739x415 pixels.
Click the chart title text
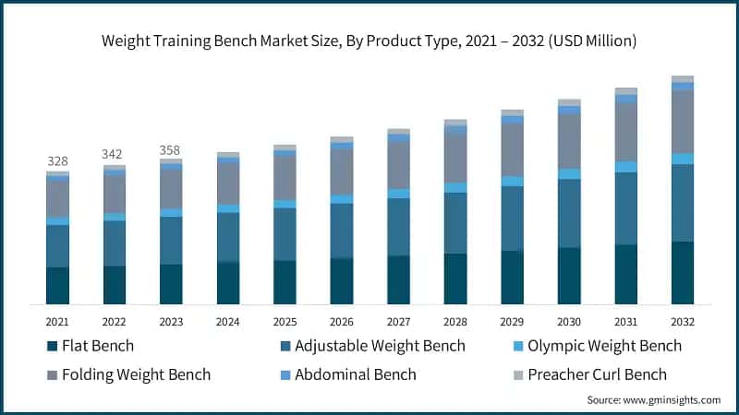pyautogui.click(x=369, y=41)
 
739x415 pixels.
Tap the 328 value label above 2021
pyautogui.click(x=57, y=161)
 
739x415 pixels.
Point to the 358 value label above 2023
pyautogui.click(x=171, y=149)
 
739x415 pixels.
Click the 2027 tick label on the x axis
pyautogui.click(x=398, y=322)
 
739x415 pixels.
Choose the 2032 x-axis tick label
pyautogui.click(x=683, y=322)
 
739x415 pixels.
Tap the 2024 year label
pyautogui.click(x=227, y=322)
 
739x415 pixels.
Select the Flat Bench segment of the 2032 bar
pyautogui.click(x=683, y=273)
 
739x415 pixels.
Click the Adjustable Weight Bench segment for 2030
pyautogui.click(x=569, y=213)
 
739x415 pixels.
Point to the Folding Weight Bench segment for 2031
pyautogui.click(x=626, y=132)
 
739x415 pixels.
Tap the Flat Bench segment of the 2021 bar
pyautogui.click(x=57, y=286)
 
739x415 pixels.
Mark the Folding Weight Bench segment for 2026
pyautogui.click(x=342, y=172)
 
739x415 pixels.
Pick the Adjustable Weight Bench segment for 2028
pyautogui.click(x=455, y=223)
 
